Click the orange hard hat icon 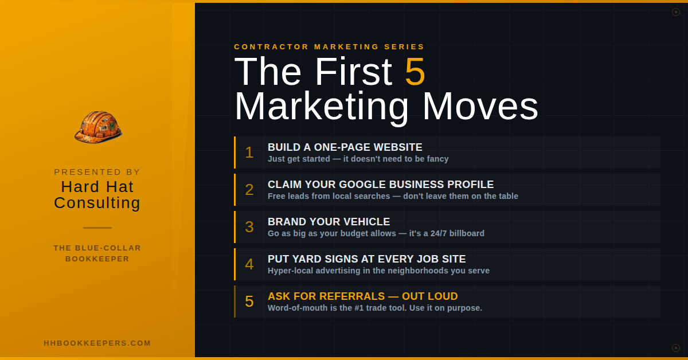98,127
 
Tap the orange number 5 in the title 415,72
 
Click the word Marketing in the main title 322,107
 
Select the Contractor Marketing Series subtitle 329,47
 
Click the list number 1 249,152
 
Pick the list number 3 249,227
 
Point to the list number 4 249,264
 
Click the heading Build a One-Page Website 345,147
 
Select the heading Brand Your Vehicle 329,222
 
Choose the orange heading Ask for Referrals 362,296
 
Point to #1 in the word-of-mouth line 367,308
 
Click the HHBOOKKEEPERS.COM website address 97,343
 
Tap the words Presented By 97,172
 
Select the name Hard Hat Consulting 97,195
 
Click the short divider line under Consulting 97,228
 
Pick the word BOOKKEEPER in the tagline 97,259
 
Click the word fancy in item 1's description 436,159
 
